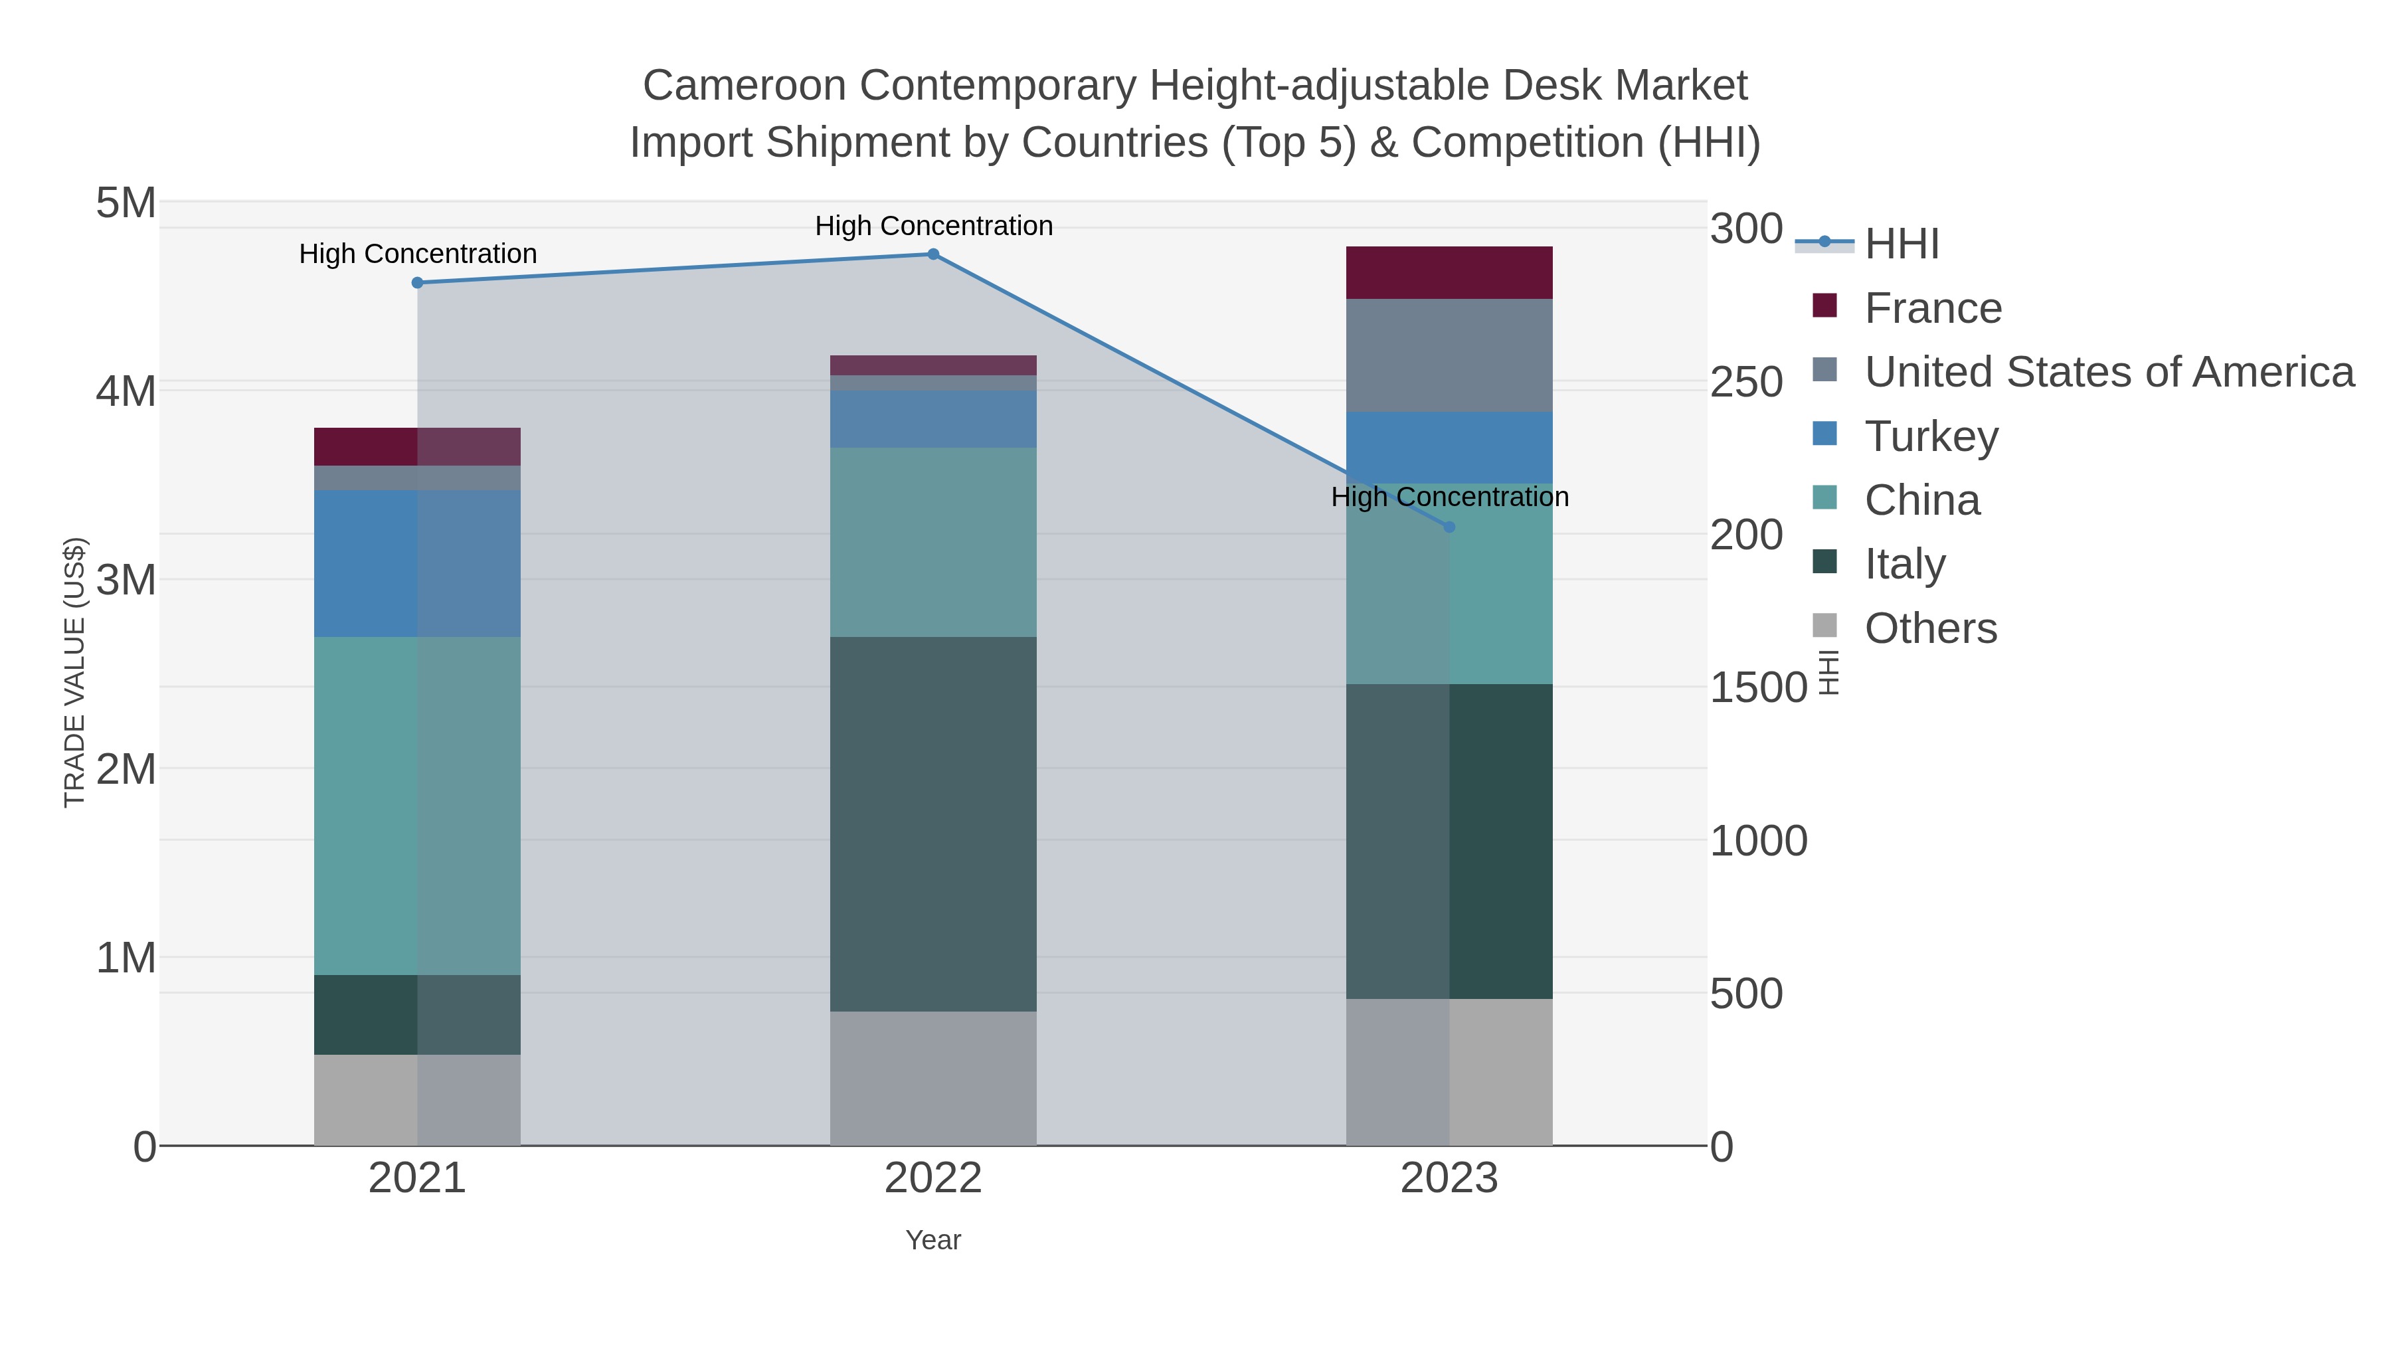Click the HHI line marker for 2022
pyautogui.click(x=933, y=254)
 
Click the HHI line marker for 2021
pyautogui.click(x=418, y=282)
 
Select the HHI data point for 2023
pyautogui.click(x=1449, y=527)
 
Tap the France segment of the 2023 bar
pyautogui.click(x=1449, y=273)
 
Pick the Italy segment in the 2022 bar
pyautogui.click(x=933, y=824)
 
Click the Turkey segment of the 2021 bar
pyautogui.click(x=418, y=563)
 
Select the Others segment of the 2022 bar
pyautogui.click(x=933, y=1078)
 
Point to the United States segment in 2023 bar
pyautogui.click(x=1449, y=355)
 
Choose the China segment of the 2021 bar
pyautogui.click(x=418, y=805)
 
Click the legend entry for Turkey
pyautogui.click(x=1931, y=436)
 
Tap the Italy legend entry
pyautogui.click(x=1905, y=565)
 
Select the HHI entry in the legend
pyautogui.click(x=1901, y=244)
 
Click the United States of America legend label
pyautogui.click(x=2108, y=372)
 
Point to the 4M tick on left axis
pyautogui.click(x=126, y=391)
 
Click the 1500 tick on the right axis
pyautogui.click(x=1757, y=688)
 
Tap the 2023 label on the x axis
pyautogui.click(x=1449, y=1179)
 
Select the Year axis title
pyautogui.click(x=933, y=1240)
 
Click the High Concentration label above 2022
pyautogui.click(x=933, y=226)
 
